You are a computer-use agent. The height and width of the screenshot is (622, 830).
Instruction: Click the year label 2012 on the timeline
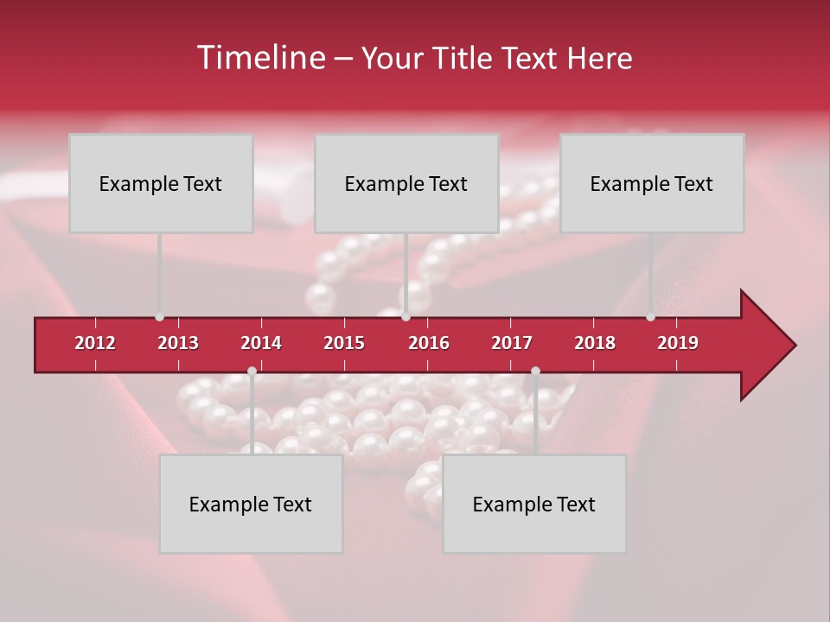tap(95, 343)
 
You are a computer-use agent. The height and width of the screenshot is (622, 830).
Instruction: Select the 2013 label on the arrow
tap(178, 343)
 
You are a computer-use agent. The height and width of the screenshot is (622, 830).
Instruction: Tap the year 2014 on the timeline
tap(261, 343)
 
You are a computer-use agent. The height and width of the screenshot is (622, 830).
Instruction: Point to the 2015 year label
tap(344, 343)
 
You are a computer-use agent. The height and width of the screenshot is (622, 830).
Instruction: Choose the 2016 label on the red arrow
tap(429, 343)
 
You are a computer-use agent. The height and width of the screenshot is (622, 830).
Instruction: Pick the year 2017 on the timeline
tap(512, 343)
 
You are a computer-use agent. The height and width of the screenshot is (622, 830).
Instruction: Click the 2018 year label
tap(595, 343)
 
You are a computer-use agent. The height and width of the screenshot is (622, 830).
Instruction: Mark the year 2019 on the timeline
tap(678, 343)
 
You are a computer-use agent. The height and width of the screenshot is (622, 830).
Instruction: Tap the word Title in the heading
tap(465, 58)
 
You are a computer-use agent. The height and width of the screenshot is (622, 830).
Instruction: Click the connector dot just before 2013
tap(159, 317)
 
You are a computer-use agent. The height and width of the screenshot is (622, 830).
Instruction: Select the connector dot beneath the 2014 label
tap(252, 371)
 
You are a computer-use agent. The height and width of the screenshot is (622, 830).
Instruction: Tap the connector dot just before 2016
tap(405, 317)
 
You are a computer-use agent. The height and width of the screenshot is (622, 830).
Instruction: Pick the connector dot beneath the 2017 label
tap(535, 371)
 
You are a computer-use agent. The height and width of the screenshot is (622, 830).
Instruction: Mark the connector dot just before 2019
tap(650, 317)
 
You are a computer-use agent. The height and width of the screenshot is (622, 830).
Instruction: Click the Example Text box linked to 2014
tap(251, 504)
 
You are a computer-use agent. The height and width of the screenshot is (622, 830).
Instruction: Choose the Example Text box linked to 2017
tap(534, 504)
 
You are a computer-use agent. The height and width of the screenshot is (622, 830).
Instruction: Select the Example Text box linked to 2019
tap(652, 183)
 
